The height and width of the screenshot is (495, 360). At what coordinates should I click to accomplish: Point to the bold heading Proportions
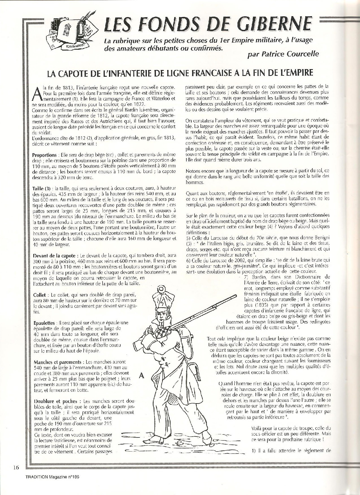tap(44, 155)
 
